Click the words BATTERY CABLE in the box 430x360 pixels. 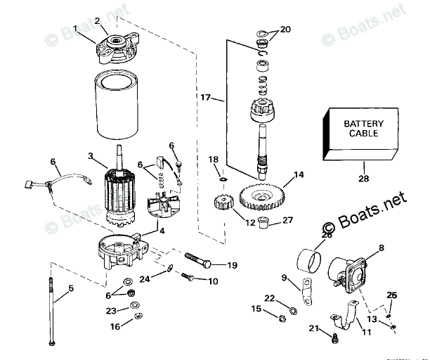363,128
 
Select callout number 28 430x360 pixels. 363,179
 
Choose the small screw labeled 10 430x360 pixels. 185,277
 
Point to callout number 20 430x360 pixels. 285,30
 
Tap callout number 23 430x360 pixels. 111,310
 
